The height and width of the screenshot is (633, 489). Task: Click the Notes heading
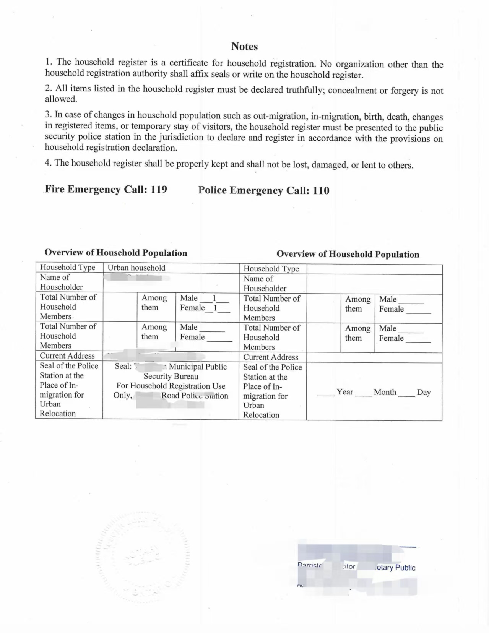pyautogui.click(x=244, y=47)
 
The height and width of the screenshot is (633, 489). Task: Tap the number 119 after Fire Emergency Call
pyautogui.click(x=159, y=189)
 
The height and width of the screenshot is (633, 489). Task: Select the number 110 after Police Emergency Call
pyautogui.click(x=321, y=191)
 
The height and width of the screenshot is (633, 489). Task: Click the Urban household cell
pyautogui.click(x=136, y=268)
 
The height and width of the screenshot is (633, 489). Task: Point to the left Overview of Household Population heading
pyautogui.click(x=116, y=253)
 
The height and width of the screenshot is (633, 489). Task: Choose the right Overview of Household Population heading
pyautogui.click(x=348, y=254)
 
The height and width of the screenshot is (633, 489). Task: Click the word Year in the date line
pyautogui.click(x=344, y=392)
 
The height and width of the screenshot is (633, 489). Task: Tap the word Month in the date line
pyautogui.click(x=385, y=392)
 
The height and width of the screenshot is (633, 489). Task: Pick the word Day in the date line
pyautogui.click(x=424, y=392)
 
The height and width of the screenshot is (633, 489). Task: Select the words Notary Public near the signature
pyautogui.click(x=396, y=568)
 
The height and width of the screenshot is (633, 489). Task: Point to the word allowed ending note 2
pyautogui.click(x=61, y=99)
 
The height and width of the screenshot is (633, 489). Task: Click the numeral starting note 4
pyautogui.click(x=48, y=162)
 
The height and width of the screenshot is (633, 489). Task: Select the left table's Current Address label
pyautogui.click(x=67, y=355)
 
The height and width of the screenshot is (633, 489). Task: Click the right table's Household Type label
pyautogui.click(x=271, y=269)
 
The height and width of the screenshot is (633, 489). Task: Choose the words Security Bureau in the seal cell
pyautogui.click(x=171, y=376)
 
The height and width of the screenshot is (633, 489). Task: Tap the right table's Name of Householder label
pyautogui.click(x=265, y=284)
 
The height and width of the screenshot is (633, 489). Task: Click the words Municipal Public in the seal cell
pyautogui.click(x=198, y=367)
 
